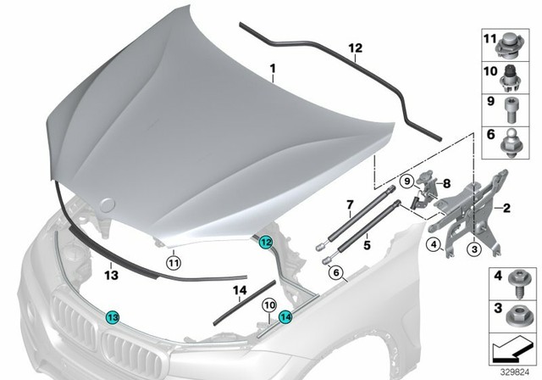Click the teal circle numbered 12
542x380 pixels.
coord(266,242)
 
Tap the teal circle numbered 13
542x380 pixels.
coord(112,316)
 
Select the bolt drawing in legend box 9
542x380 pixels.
coord(517,109)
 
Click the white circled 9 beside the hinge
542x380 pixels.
coord(406,181)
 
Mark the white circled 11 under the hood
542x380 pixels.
coord(173,261)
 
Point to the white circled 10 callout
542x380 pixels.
coord(268,305)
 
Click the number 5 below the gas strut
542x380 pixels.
coord(367,246)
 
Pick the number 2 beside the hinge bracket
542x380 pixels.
coord(506,206)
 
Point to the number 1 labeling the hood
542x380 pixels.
coord(272,67)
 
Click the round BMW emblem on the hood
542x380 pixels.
coord(109,204)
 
